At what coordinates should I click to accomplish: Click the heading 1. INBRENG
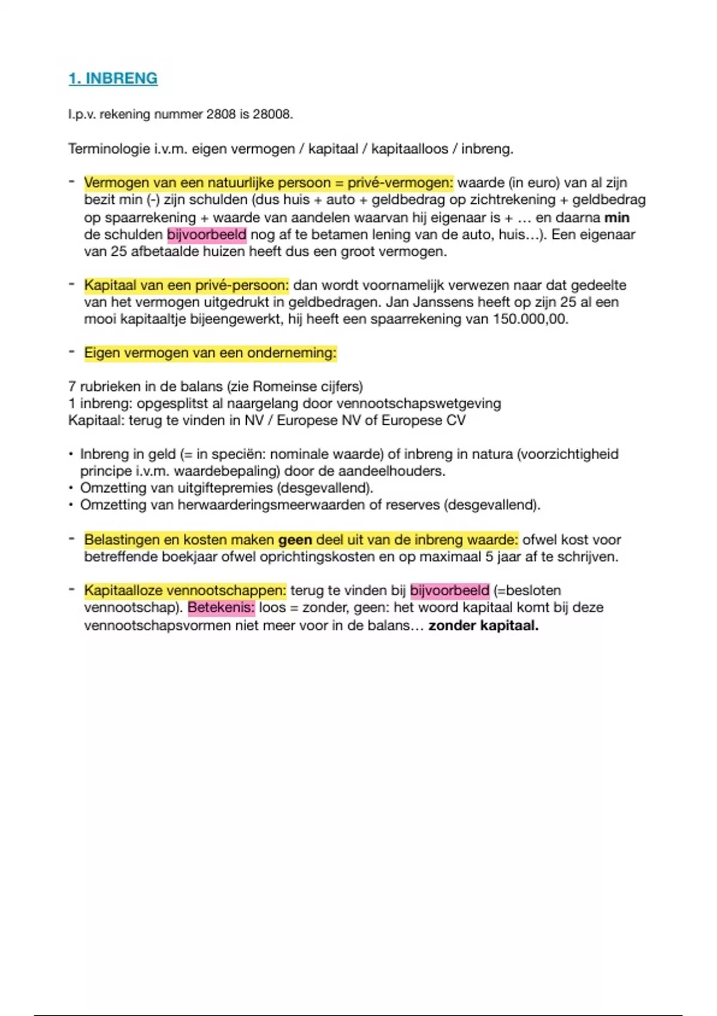113,78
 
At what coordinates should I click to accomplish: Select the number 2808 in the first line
220,114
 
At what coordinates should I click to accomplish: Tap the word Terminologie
108,149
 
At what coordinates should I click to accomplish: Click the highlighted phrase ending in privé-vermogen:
268,183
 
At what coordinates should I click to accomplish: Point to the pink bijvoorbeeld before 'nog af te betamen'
207,234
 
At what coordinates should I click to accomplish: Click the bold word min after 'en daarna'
617,218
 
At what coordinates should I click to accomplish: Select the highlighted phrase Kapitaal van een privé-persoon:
186,285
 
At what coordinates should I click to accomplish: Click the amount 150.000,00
529,319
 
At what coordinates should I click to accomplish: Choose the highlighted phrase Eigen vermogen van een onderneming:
210,353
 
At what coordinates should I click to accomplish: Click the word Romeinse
280,387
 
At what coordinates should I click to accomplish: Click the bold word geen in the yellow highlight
295,540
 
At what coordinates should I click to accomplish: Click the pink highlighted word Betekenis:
221,608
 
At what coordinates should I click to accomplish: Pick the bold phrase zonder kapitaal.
483,626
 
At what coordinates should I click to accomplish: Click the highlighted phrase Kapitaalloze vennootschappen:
185,590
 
